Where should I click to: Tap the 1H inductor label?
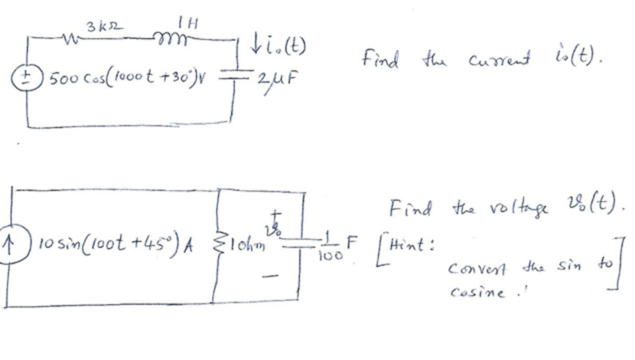[x=187, y=22]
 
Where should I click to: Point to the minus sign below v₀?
[x=270, y=275]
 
